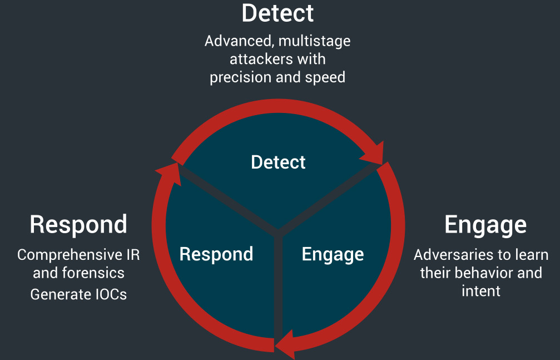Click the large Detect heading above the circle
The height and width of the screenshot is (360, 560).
277,13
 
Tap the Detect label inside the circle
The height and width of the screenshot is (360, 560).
278,162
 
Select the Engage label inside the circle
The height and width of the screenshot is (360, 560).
333,254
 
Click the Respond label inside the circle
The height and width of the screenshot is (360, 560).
216,254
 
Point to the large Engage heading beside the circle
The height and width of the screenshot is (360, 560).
485,225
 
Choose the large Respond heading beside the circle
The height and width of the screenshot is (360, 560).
78,224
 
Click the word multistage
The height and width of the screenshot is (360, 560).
318,41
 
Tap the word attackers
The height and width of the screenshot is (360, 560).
257,59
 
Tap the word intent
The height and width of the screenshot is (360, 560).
481,290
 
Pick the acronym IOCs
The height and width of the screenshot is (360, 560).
109,294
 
